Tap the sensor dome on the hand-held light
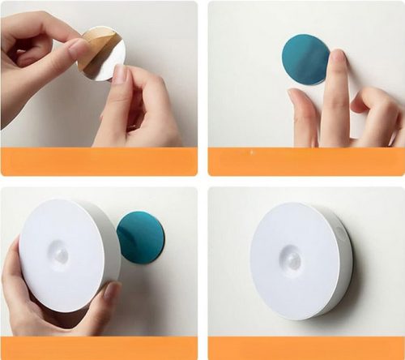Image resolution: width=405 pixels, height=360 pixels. [x=62, y=255]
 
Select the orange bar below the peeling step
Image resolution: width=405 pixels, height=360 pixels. [x=99, y=161]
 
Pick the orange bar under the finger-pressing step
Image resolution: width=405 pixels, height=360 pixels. [x=305, y=161]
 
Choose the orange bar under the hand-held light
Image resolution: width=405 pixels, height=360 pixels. [x=99, y=348]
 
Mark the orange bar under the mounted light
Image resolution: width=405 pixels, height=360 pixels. [x=305, y=348]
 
